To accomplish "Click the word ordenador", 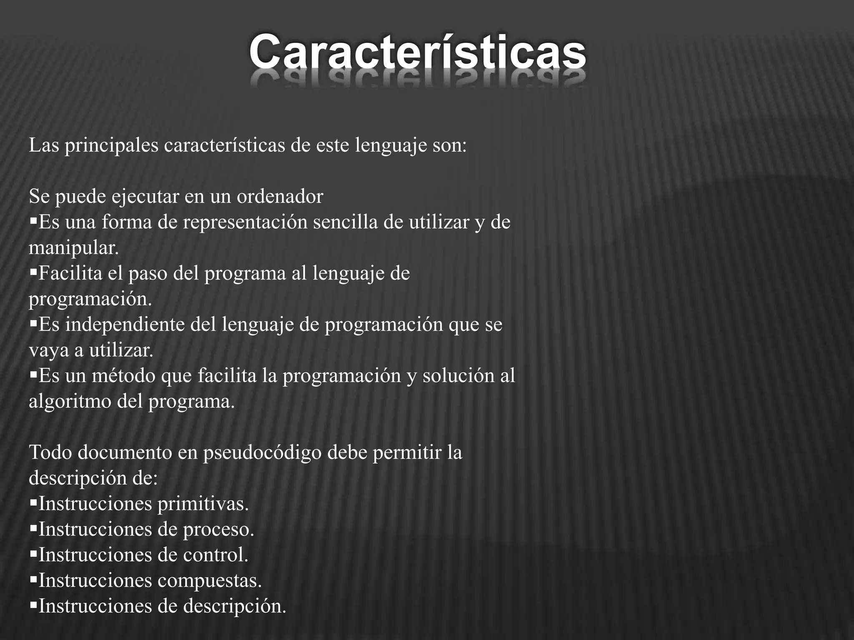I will point(280,197).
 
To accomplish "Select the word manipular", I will point(74,248).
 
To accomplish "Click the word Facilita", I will point(70,274).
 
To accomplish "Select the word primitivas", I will point(203,504).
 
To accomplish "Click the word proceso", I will point(219,530).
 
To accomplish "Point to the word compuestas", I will point(210,581).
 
